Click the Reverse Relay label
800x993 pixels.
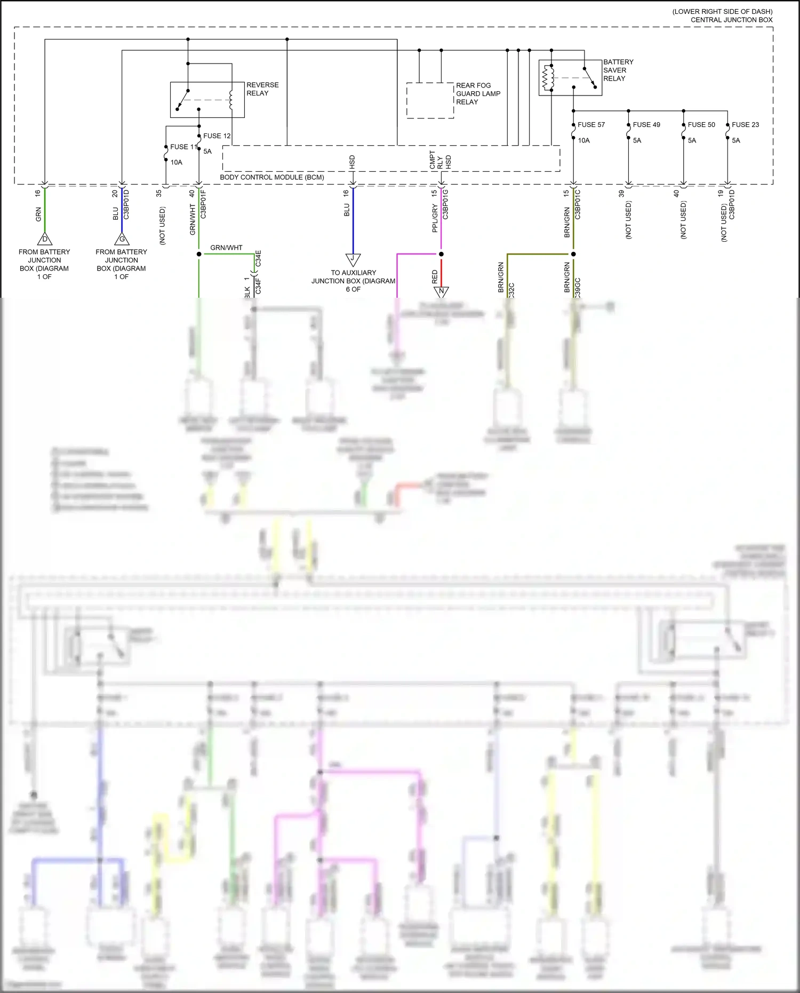click(262, 89)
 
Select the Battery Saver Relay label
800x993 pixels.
click(618, 70)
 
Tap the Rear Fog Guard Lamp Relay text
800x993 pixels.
click(477, 93)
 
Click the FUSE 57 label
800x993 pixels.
click(591, 125)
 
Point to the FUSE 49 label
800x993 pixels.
click(646, 125)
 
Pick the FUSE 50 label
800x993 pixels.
click(701, 125)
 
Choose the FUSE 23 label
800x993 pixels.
click(745, 125)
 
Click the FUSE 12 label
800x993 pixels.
click(217, 136)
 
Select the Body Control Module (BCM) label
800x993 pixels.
click(272, 177)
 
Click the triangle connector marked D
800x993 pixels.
click(45, 240)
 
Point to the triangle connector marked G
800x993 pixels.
click(122, 240)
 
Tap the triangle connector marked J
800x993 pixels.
click(353, 259)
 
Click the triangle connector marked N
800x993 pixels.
click(441, 291)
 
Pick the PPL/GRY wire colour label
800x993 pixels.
click(435, 218)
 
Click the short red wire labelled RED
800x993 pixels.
click(441, 272)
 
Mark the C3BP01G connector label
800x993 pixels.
click(446, 204)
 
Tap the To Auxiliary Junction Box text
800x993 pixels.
click(353, 281)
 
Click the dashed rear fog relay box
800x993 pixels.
click(430, 100)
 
